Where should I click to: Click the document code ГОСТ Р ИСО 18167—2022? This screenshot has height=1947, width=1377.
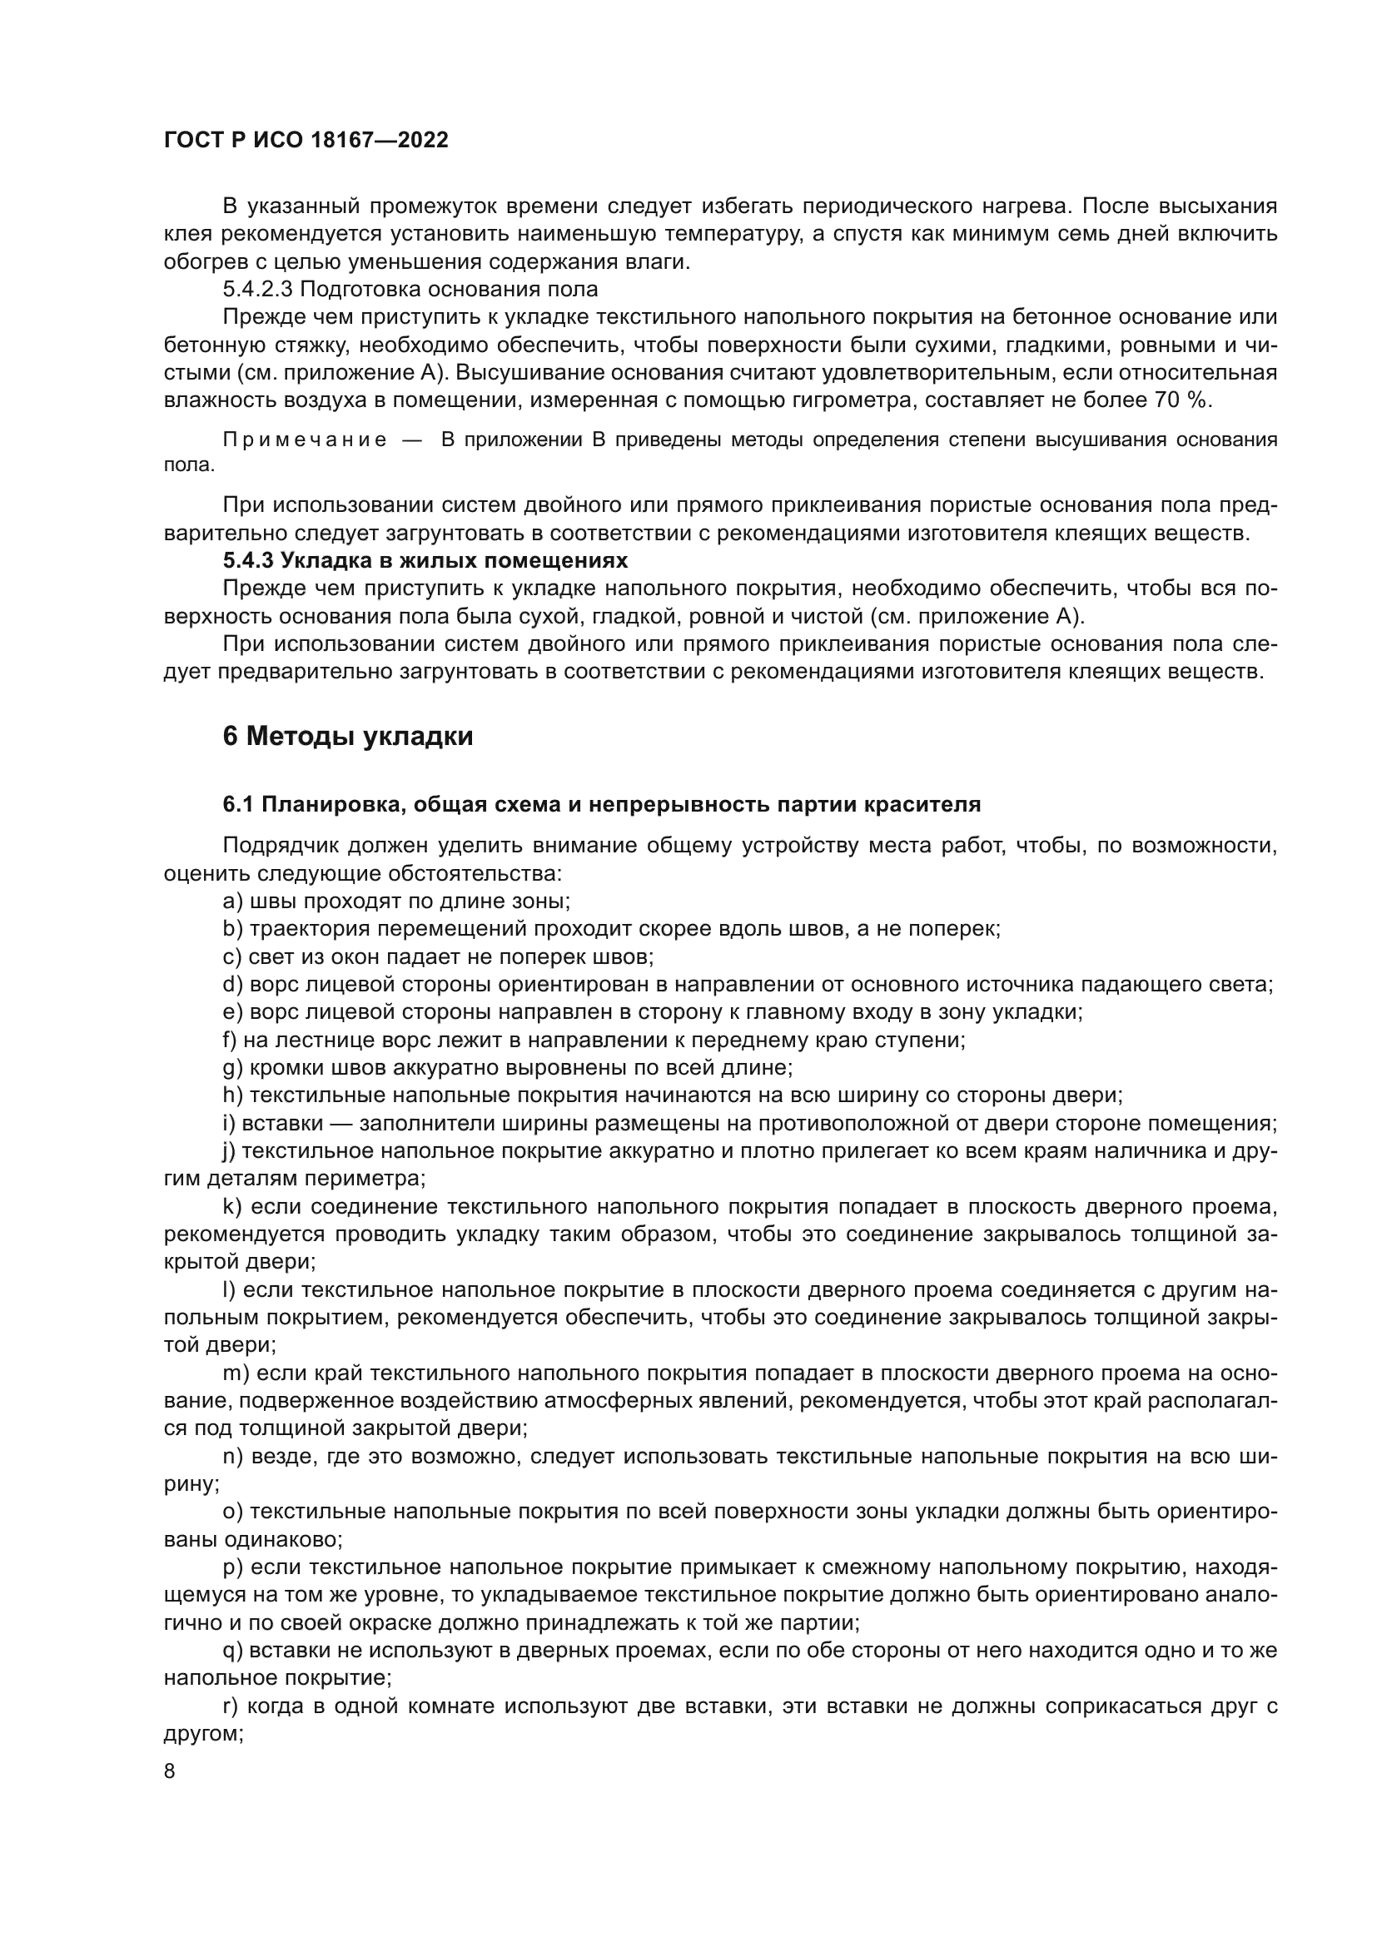click(x=306, y=141)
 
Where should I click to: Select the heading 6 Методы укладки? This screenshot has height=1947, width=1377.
click(x=348, y=736)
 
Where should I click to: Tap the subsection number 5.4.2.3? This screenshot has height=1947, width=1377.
click(x=258, y=289)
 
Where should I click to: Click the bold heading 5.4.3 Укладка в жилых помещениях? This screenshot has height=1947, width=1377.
click(x=425, y=560)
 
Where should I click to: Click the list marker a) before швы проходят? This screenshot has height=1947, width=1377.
click(x=232, y=901)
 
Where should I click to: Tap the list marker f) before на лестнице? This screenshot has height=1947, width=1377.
click(x=231, y=1040)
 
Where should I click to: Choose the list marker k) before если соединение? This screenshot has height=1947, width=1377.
click(x=232, y=1207)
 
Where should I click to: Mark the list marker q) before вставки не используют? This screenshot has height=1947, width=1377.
click(x=232, y=1650)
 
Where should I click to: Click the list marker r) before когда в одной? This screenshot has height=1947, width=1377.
click(x=231, y=1706)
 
